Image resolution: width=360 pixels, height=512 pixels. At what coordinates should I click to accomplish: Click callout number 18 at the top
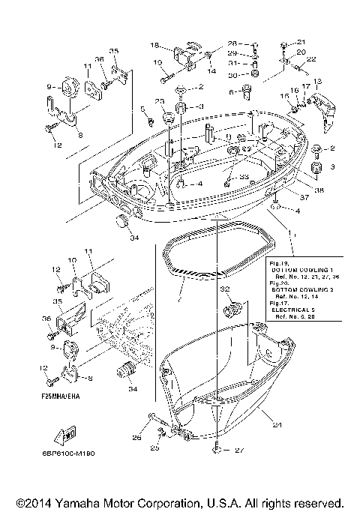click(155, 45)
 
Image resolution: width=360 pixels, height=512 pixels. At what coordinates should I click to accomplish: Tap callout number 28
click(232, 43)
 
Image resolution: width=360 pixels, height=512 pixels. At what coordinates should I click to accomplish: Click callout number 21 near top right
click(301, 42)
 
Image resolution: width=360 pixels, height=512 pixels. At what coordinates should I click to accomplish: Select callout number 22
click(310, 59)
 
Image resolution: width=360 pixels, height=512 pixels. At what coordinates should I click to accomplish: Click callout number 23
click(159, 101)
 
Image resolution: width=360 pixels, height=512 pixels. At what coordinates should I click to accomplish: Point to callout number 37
click(303, 197)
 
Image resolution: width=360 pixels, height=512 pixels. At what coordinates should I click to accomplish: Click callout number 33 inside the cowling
click(243, 177)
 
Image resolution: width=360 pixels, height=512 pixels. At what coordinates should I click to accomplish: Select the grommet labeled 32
click(233, 308)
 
